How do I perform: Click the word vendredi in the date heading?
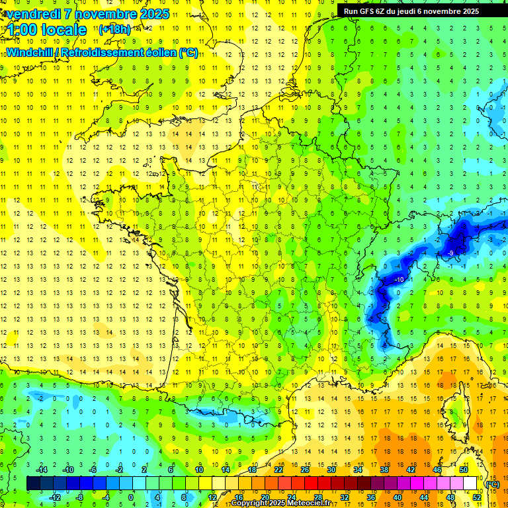31,14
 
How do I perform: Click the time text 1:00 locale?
46,30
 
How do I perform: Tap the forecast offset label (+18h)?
114,29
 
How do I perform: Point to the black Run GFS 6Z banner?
416,11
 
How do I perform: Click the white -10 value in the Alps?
400,280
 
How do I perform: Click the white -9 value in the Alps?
450,253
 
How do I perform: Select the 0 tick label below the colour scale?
131,497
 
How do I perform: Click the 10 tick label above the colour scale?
199,470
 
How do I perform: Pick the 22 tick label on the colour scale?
278,470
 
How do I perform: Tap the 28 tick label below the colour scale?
318,497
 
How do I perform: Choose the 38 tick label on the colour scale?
384,470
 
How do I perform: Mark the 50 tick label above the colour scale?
464,470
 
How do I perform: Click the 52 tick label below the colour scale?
476,497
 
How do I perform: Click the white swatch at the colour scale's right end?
470,484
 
